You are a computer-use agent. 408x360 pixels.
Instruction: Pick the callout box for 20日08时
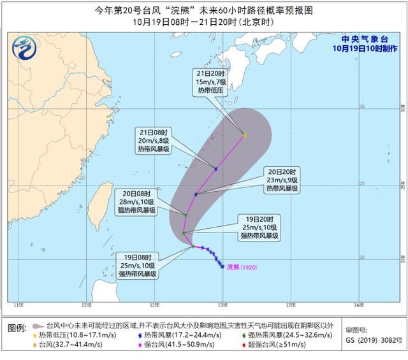click(134, 201)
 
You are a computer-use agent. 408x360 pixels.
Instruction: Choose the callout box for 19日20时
click(259, 227)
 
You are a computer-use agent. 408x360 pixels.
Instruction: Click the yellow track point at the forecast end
click(244, 136)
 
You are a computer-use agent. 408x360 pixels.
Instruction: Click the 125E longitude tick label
click(154, 304)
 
